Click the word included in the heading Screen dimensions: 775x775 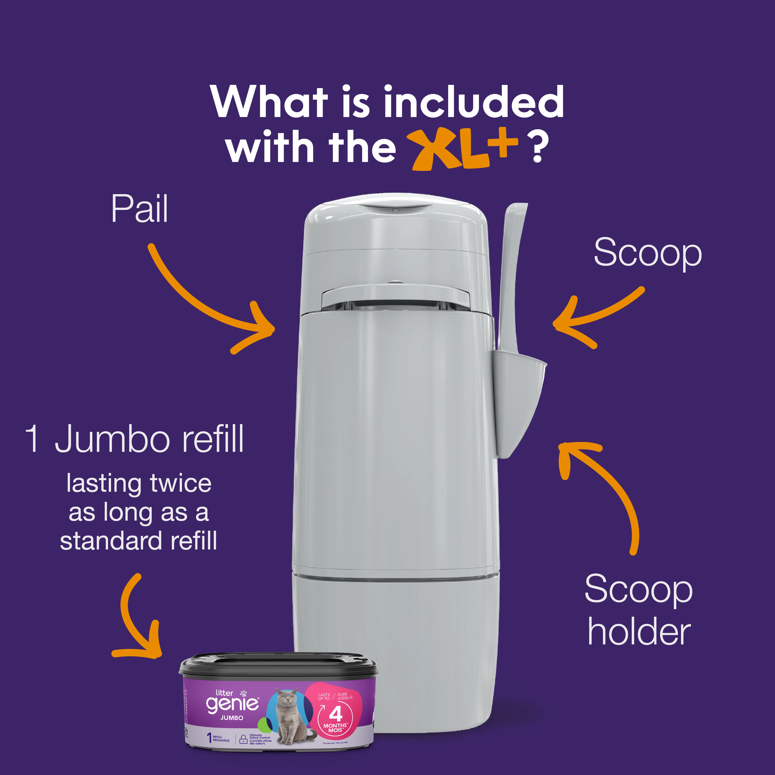click(473, 102)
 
